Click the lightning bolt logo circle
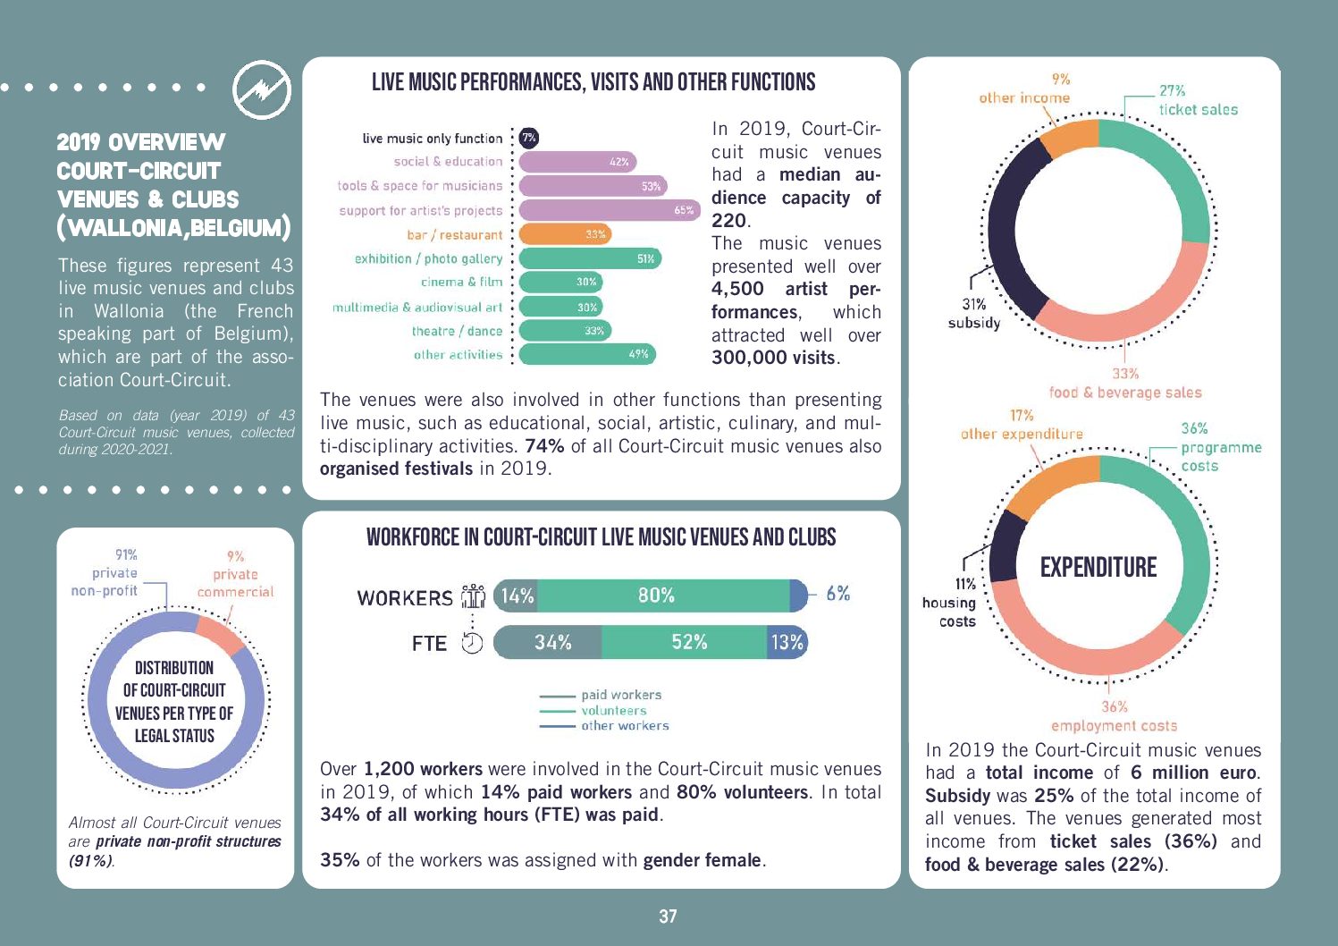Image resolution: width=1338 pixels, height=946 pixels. (x=262, y=90)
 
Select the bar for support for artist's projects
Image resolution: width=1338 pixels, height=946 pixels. (x=609, y=210)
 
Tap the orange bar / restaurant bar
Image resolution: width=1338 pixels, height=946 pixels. (x=565, y=234)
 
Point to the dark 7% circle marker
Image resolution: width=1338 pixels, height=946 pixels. (x=529, y=138)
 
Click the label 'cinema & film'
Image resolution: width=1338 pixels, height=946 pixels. (x=461, y=282)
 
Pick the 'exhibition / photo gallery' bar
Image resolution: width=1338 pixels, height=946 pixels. (x=589, y=258)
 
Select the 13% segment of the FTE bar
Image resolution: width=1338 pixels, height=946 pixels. (x=787, y=642)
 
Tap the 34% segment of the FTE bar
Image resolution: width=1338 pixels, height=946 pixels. (x=549, y=642)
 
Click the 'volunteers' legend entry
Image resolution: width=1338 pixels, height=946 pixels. (x=613, y=711)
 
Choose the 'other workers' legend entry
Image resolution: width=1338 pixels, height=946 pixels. (x=624, y=726)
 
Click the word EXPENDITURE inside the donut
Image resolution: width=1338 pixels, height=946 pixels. (x=1098, y=567)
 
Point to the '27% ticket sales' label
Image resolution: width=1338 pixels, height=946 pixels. (x=1197, y=100)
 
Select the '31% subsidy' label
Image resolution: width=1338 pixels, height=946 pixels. (x=974, y=314)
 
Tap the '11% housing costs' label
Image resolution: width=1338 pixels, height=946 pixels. (x=950, y=603)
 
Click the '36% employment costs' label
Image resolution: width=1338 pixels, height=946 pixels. (x=1114, y=716)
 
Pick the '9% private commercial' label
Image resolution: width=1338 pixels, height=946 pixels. (x=235, y=574)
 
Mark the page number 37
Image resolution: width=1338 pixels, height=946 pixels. (x=668, y=916)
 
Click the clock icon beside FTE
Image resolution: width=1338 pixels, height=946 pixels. (x=472, y=643)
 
